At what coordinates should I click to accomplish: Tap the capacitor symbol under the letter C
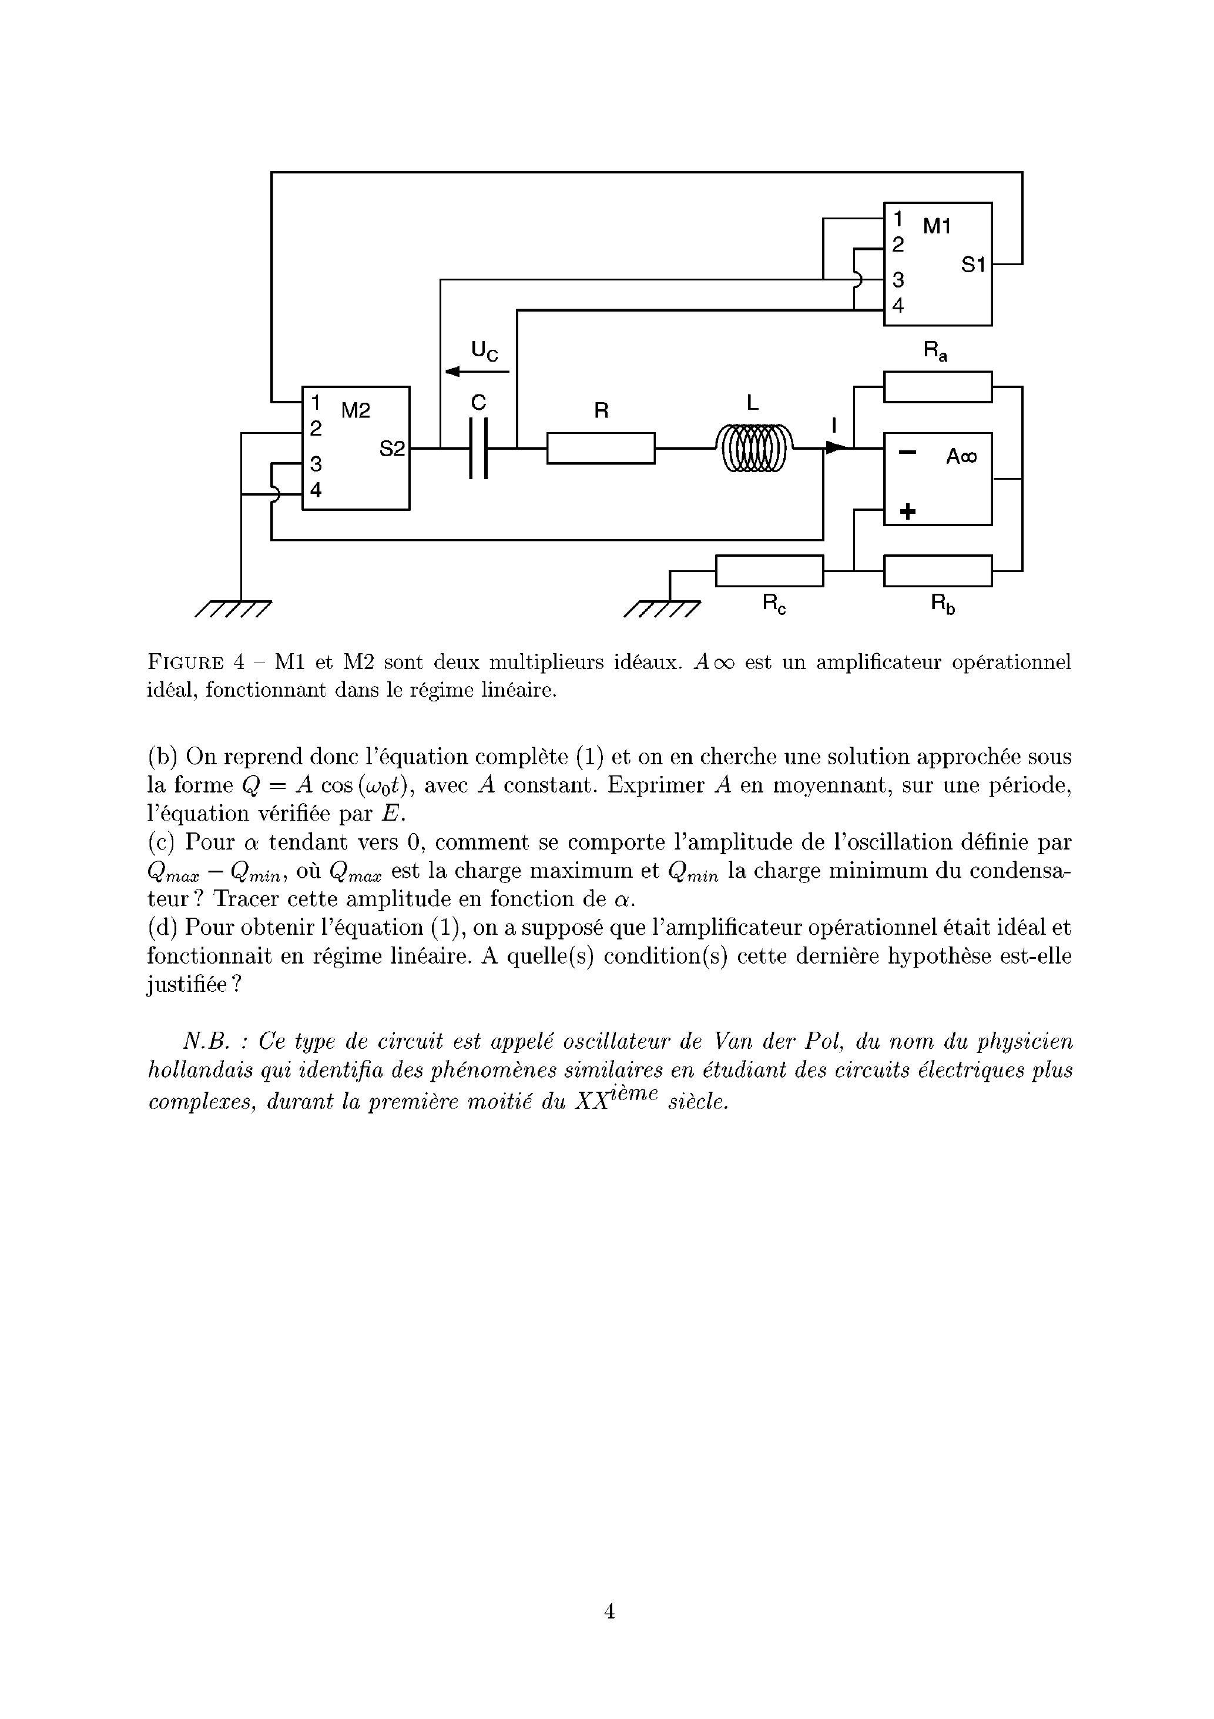pyautogui.click(x=478, y=448)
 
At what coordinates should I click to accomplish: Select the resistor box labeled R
pyautogui.click(x=601, y=448)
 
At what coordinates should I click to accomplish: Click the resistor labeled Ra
pyautogui.click(x=937, y=386)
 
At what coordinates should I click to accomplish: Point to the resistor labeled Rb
pyautogui.click(x=937, y=570)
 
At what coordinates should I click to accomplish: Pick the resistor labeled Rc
pyautogui.click(x=769, y=570)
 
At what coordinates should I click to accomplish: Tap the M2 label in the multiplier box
pyautogui.click(x=356, y=410)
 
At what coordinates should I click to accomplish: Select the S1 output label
pyautogui.click(x=973, y=265)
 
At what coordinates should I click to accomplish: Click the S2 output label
pyautogui.click(x=391, y=449)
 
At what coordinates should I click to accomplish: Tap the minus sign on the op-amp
pyautogui.click(x=907, y=453)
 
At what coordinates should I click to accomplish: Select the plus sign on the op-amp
pyautogui.click(x=907, y=512)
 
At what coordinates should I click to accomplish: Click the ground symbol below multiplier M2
pyautogui.click(x=233, y=608)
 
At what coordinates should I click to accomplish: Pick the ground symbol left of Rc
pyautogui.click(x=662, y=608)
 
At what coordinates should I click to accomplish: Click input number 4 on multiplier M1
pyautogui.click(x=897, y=306)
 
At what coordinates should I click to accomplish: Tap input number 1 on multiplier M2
pyautogui.click(x=316, y=403)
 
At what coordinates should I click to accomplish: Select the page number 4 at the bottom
pyautogui.click(x=609, y=1610)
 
